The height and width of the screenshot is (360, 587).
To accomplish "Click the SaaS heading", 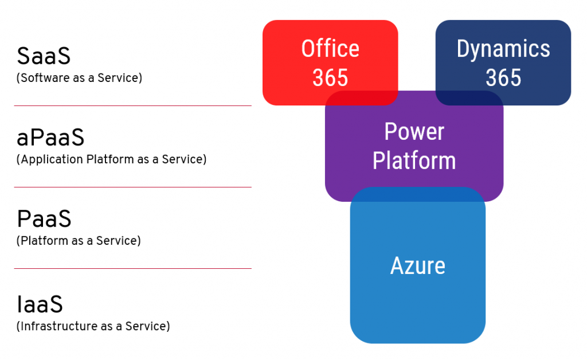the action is [44, 56].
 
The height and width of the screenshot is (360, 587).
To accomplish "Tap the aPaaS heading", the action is [50, 138].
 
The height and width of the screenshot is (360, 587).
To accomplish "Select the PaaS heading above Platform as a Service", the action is [44, 219].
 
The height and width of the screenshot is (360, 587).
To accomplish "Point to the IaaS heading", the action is [40, 304].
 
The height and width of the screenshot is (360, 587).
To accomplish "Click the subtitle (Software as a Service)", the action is [79, 78].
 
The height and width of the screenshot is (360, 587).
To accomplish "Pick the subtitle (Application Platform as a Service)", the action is [112, 159].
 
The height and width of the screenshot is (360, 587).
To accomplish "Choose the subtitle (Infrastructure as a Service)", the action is [93, 326].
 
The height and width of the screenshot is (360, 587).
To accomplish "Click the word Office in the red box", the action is [330, 49].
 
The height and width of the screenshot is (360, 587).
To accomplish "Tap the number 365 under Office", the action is [330, 78].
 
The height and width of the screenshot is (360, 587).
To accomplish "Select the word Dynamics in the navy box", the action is [503, 49].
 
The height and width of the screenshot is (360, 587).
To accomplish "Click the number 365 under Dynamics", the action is [503, 78].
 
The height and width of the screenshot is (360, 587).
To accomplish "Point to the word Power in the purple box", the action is [414, 132].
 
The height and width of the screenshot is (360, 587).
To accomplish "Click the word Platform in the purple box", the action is [414, 161].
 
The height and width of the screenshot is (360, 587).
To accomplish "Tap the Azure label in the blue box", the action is [418, 265].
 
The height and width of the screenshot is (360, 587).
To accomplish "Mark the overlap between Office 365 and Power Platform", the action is [362, 98].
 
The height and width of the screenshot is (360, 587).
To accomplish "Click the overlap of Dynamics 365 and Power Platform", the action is [469, 98].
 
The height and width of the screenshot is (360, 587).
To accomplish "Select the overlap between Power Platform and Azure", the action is [418, 194].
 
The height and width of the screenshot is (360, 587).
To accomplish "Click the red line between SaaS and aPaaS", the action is [133, 106].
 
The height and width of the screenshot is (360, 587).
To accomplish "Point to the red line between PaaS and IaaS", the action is [133, 269].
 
